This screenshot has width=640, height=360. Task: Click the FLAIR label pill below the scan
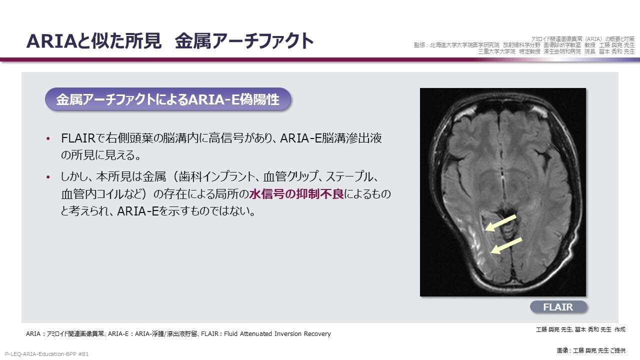pos(558,307)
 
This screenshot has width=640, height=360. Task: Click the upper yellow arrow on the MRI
pos(500,223)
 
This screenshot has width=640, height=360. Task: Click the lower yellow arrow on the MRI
pos(506,245)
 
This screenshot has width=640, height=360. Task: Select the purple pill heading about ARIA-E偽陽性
pos(167,99)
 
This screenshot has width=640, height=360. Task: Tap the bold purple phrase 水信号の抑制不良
pos(296,194)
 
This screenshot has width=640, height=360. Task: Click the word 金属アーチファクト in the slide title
pos(244,41)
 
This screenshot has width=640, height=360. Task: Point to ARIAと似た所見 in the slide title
pos(93,41)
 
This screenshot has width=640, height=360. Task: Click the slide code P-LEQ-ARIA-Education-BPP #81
pos(47,354)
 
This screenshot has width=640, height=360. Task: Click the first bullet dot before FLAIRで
pos(48,139)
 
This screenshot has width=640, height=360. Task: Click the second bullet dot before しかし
pos(48,177)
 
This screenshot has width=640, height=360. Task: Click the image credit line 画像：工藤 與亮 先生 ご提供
pos(591,350)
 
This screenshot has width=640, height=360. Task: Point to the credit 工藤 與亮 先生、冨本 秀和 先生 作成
pos(580,329)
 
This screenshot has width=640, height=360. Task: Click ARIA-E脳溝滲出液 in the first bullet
pos(331,138)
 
